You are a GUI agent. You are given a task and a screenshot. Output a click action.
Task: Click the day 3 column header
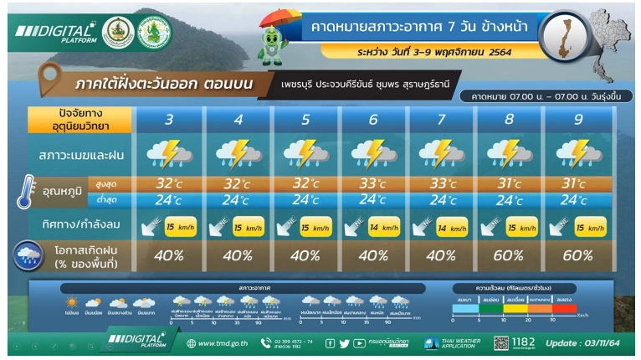tap(169, 120)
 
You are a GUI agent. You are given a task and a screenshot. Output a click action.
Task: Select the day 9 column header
tap(577, 120)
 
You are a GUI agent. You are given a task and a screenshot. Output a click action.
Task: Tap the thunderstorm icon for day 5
tap(305, 154)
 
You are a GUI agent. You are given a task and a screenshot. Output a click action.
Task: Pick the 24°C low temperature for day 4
tap(238, 200)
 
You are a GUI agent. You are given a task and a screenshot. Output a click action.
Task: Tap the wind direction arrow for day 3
tap(151, 227)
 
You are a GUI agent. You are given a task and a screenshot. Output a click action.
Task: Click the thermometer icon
tap(25, 192)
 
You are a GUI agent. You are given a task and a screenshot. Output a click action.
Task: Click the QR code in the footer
tap(501, 343)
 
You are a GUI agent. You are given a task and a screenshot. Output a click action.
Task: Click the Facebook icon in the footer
tap(330, 343)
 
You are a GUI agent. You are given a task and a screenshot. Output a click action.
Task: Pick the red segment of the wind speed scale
tap(564, 308)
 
